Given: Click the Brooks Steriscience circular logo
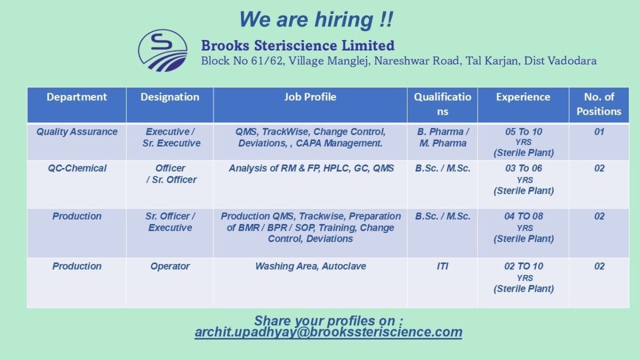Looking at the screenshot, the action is click(163, 51).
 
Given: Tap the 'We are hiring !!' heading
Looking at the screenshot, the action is click(316, 19).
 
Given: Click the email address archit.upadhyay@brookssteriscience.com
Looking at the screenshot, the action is click(329, 332).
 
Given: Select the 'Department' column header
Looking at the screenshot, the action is click(77, 97).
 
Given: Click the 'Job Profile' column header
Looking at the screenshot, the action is click(310, 97).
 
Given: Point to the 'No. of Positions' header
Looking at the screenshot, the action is click(599, 105).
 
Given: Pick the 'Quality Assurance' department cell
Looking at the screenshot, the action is click(77, 132).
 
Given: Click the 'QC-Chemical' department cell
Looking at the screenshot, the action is click(77, 169).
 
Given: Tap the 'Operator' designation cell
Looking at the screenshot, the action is click(170, 266).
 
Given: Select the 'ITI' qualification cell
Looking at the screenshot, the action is click(442, 266).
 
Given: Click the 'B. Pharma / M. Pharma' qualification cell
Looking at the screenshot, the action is click(443, 138).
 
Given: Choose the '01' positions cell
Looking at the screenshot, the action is click(599, 132).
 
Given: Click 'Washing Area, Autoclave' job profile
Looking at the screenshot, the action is click(310, 266).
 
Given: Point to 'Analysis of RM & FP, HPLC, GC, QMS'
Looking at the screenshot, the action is click(311, 169).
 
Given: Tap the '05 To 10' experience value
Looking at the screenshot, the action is click(523, 132).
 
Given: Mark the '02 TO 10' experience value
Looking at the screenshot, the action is click(523, 266).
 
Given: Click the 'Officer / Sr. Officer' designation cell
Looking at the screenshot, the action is click(171, 174).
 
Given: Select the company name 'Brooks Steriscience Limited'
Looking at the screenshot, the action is click(298, 45).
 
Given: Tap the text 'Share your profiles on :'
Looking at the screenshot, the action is click(329, 321).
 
